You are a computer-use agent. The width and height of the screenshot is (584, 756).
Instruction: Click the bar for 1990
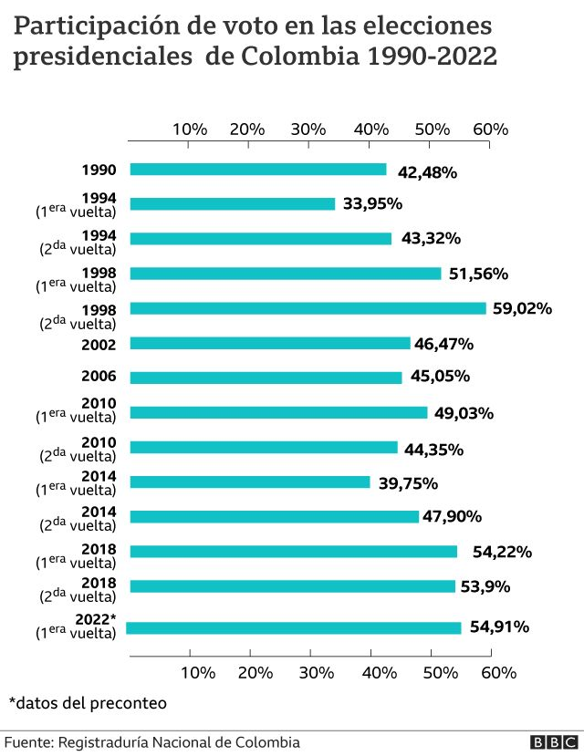click(x=258, y=170)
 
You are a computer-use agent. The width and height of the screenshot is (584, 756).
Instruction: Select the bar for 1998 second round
click(x=308, y=308)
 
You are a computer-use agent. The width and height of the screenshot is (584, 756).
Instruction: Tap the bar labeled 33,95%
click(x=233, y=204)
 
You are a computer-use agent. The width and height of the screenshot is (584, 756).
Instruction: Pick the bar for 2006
click(x=266, y=378)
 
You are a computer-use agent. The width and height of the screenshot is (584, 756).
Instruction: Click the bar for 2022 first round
click(x=294, y=627)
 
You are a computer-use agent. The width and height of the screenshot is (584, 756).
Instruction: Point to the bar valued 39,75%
click(x=250, y=482)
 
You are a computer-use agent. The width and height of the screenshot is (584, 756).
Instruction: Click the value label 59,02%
click(x=522, y=308)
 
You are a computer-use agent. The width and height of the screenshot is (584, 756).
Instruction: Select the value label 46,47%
click(x=443, y=344)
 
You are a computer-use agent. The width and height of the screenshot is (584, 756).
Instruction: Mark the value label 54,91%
click(x=499, y=627)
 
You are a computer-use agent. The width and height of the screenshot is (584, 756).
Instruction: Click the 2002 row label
click(x=99, y=344)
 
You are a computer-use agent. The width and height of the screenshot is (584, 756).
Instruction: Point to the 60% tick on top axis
click(x=490, y=129)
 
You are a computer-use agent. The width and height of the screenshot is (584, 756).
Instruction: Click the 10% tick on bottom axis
click(x=198, y=673)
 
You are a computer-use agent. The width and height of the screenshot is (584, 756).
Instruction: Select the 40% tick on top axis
click(x=370, y=129)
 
